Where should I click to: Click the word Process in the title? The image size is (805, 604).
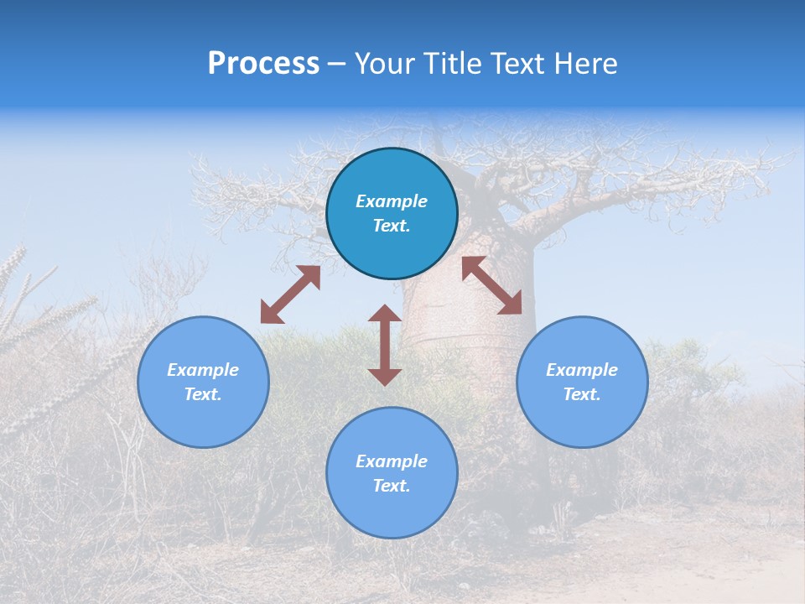(x=263, y=64)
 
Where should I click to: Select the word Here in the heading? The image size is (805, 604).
(x=584, y=64)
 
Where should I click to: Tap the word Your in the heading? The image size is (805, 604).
(x=386, y=64)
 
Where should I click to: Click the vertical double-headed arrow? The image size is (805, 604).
(x=385, y=346)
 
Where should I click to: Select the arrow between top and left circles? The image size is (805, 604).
(x=290, y=294)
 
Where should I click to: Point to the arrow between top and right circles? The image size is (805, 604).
(x=492, y=285)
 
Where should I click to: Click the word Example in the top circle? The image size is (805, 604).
(x=392, y=201)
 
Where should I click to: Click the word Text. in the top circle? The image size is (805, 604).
(x=392, y=226)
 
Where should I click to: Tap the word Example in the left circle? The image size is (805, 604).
(x=203, y=370)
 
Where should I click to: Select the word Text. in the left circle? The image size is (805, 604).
(x=203, y=394)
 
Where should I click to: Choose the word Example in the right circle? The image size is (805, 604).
(x=582, y=370)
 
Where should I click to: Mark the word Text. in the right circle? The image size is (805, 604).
(x=582, y=394)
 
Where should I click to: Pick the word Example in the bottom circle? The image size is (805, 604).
(x=392, y=461)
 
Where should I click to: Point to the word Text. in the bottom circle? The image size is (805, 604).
(x=392, y=486)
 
